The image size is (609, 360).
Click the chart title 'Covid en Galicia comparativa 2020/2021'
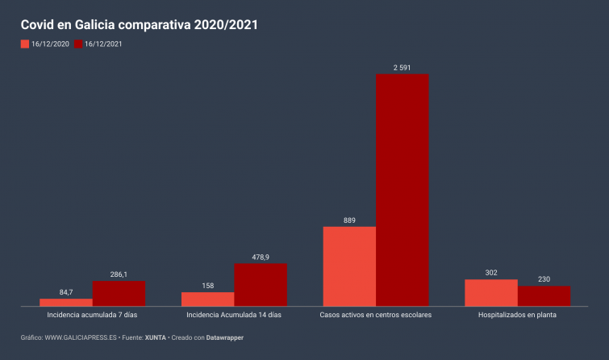pyautogui.click(x=139, y=25)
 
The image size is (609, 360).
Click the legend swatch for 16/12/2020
pyautogui.click(x=25, y=44)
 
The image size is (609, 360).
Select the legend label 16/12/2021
pyautogui.click(x=103, y=44)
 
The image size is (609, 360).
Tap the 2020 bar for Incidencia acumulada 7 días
pyautogui.click(x=66, y=302)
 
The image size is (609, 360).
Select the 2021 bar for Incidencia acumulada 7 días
pyautogui.click(x=119, y=293)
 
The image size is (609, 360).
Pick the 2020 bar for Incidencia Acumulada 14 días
pyautogui.click(x=207, y=299)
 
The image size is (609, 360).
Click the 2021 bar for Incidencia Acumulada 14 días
pyautogui.click(x=261, y=285)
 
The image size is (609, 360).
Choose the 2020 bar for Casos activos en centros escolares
pyautogui.click(x=349, y=266)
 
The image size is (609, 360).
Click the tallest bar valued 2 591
pyautogui.click(x=402, y=190)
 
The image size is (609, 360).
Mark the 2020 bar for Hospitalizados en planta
pyautogui.click(x=491, y=292)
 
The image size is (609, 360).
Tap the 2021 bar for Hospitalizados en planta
pyautogui.click(x=544, y=295)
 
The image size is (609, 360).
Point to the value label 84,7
pyautogui.click(x=66, y=292)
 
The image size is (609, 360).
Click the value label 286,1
pyautogui.click(x=119, y=274)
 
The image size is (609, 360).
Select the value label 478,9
pyautogui.click(x=261, y=257)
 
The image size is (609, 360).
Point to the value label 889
pyautogui.click(x=349, y=220)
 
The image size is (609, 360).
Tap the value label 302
pyautogui.click(x=491, y=273)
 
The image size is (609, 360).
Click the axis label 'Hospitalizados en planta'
pyautogui.click(x=517, y=315)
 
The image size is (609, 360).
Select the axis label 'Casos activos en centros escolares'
pyautogui.click(x=376, y=315)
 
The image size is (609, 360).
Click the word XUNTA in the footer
pyautogui.click(x=156, y=337)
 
